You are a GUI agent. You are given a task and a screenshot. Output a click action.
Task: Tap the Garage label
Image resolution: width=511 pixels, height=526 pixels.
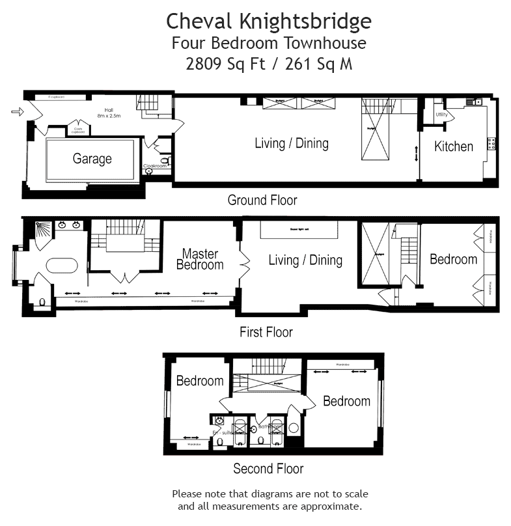click(92, 159)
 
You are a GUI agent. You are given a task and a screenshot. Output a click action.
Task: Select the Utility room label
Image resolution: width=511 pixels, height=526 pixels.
click(442, 115)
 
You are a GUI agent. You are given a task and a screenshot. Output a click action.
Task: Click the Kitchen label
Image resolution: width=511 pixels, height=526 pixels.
click(454, 146)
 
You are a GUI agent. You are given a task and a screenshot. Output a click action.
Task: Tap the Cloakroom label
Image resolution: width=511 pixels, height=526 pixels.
click(155, 166)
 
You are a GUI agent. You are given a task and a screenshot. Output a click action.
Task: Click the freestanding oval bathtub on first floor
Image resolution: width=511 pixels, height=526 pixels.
click(61, 266)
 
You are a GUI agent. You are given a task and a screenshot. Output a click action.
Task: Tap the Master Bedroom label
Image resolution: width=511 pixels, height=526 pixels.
click(200, 259)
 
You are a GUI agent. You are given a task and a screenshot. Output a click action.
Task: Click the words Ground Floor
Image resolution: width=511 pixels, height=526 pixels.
click(262, 200)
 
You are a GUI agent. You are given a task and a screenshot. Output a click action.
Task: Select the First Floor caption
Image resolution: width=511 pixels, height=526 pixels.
click(266, 332)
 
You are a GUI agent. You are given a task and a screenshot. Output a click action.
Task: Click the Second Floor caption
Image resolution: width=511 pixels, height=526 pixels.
click(268, 468)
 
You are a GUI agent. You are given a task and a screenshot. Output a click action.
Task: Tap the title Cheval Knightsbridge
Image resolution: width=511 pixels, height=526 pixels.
click(269, 21)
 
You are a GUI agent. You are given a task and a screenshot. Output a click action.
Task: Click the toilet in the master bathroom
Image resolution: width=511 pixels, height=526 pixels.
click(42, 303)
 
